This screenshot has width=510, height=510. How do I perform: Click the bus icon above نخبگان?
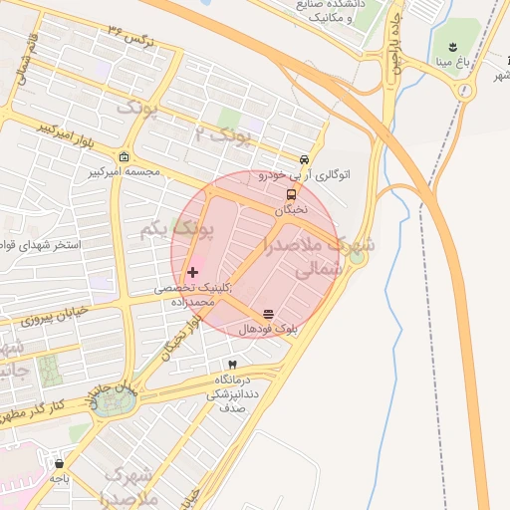click(x=291, y=195)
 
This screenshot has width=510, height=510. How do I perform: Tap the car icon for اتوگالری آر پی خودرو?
click(x=304, y=160)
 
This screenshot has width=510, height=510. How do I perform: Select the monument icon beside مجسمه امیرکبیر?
click(x=123, y=157)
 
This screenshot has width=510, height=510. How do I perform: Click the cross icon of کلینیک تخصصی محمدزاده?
click(x=192, y=272)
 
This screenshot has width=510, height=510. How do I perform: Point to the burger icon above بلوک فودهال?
click(x=267, y=315)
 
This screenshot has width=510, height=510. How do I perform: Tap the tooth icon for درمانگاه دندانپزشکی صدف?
click(x=232, y=366)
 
